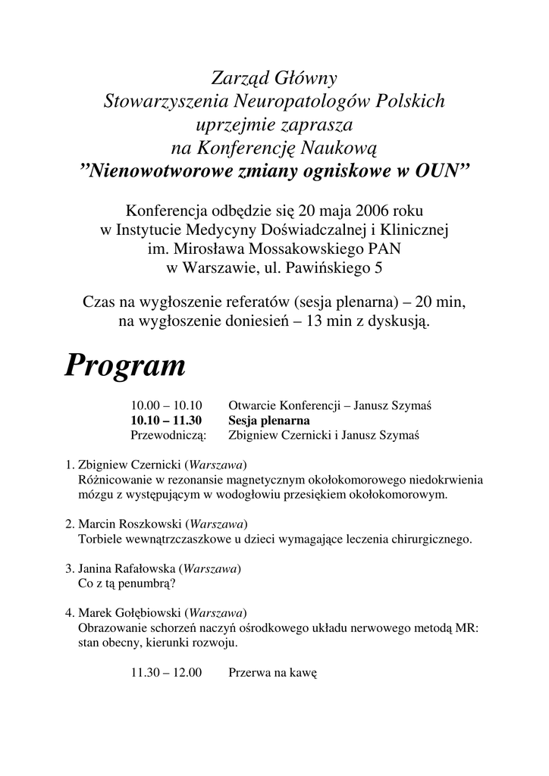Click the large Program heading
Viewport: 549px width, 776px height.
(125, 367)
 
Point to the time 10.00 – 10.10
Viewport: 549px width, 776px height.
(166, 406)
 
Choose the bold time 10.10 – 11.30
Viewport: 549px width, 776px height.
(166, 421)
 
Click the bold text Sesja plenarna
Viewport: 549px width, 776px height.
(269, 421)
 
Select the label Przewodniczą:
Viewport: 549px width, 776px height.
(168, 435)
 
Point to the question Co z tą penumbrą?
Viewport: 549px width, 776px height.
(127, 584)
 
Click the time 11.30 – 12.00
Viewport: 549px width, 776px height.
(166, 672)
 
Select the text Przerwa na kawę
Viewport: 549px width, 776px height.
(272, 672)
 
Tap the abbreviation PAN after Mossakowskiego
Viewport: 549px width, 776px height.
(386, 248)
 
